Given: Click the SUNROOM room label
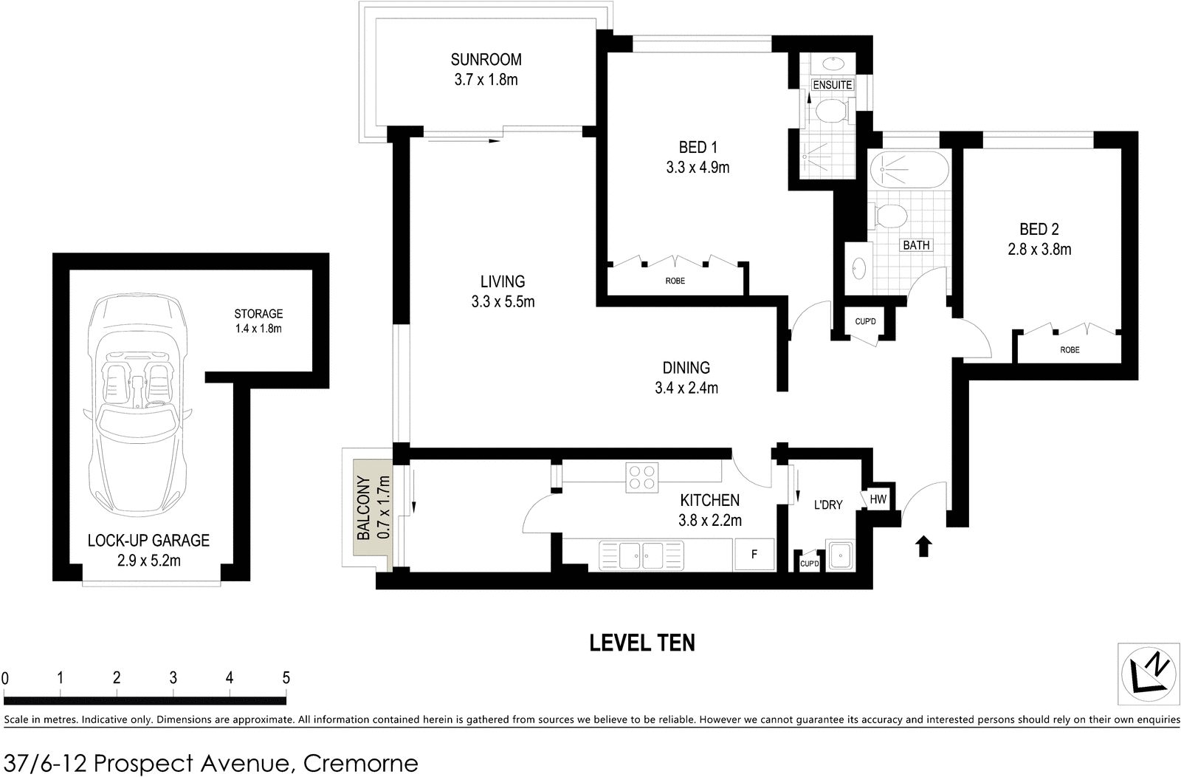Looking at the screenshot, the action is point(486,60).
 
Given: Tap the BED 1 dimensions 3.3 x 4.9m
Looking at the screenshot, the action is point(698,168).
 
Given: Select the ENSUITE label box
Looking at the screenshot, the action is point(833,85).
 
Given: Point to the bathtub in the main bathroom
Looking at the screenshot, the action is point(909,170).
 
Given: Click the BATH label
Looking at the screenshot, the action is point(916,245).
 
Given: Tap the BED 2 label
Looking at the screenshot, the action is point(1039,230).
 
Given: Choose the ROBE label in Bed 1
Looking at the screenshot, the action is point(675,281).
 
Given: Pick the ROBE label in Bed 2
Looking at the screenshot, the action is point(1070,350).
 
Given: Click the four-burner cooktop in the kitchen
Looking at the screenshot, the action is point(641,477).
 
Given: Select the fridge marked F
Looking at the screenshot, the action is point(754,554).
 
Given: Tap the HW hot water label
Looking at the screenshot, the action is point(878,499).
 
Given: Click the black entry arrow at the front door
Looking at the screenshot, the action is point(923,547).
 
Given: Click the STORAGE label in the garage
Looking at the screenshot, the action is point(258,314).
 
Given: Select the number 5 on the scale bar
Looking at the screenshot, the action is point(286,678).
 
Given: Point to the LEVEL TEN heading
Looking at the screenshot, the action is point(641,643).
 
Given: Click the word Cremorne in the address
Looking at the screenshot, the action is point(361,763).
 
